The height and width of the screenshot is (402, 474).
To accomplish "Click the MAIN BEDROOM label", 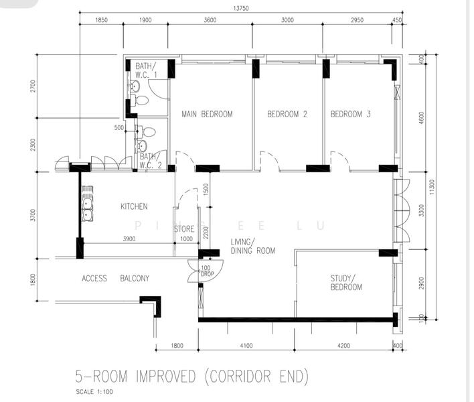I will (x=207, y=115).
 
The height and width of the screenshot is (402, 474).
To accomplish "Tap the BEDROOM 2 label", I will (x=287, y=115).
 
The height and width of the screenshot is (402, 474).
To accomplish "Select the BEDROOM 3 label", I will (x=350, y=115).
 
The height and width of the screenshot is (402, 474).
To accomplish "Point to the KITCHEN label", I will (x=134, y=206).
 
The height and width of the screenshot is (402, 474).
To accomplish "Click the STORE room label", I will (x=184, y=229).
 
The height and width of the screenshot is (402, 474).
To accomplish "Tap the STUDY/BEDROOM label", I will (x=345, y=283).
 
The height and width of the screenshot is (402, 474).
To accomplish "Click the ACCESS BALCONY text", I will (x=115, y=279).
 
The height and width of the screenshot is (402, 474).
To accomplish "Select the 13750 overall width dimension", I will (x=242, y=8).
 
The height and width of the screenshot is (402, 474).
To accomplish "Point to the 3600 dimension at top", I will (x=210, y=21).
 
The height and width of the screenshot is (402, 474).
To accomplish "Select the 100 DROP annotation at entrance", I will (x=206, y=271).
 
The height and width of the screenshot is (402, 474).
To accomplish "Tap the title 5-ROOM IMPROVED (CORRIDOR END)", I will (x=193, y=375).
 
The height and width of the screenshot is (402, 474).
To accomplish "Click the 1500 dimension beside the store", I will (x=206, y=190).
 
